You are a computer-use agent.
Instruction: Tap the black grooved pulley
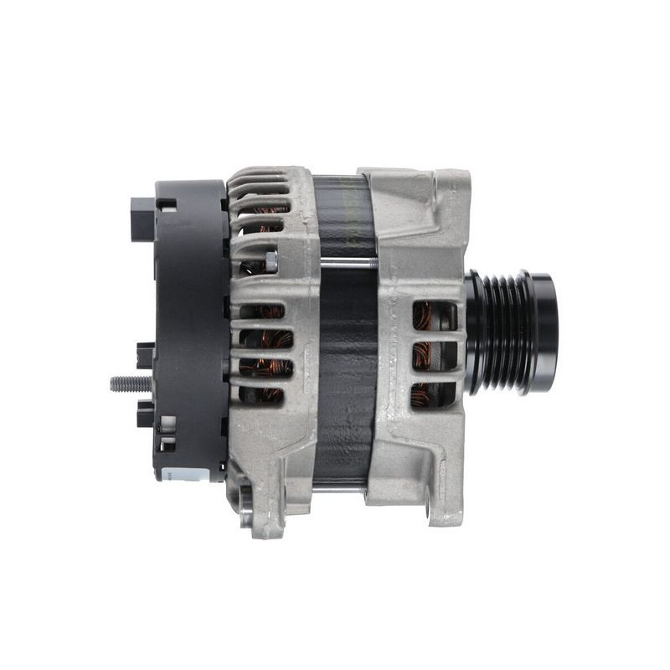pos(501,333)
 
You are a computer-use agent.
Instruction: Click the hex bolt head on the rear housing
pos(271,261)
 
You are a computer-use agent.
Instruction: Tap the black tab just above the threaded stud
pos(146,355)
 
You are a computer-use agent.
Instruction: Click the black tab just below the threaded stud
pos(146,413)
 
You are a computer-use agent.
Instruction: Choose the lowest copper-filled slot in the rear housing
pos(265,394)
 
